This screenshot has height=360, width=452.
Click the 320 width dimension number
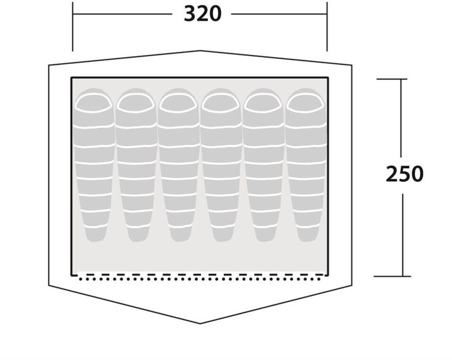coord(202,14)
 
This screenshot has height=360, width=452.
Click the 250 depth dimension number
coord(404,174)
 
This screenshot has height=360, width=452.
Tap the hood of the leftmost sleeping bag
coord(94,102)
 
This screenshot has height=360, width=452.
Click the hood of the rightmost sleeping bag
coord(306,102)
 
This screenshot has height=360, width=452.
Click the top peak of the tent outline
coord(200,51)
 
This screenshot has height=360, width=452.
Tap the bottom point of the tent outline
coord(200,324)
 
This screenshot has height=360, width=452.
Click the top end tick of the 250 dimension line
coord(401,79)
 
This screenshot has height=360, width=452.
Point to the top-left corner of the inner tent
coord(71,78)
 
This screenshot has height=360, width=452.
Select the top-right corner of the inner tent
coord(328,78)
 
